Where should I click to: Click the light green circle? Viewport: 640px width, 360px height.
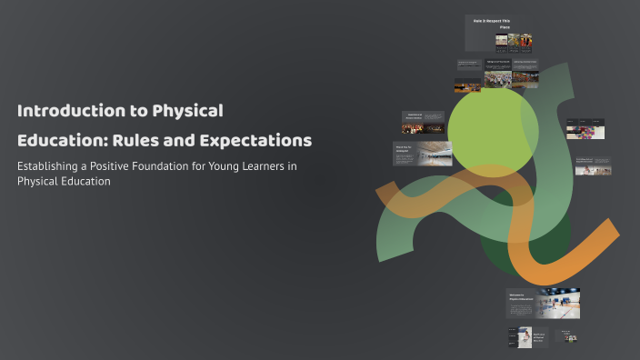click(x=486, y=127)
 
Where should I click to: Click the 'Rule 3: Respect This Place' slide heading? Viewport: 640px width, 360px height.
click(x=492, y=23)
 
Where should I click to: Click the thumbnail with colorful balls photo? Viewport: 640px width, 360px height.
click(x=585, y=129)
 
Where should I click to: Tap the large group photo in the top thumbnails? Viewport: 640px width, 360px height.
click(x=497, y=79)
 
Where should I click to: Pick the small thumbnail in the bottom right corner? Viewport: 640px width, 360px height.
click(x=566, y=336)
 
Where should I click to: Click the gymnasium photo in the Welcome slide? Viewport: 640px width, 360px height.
click(x=558, y=303)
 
